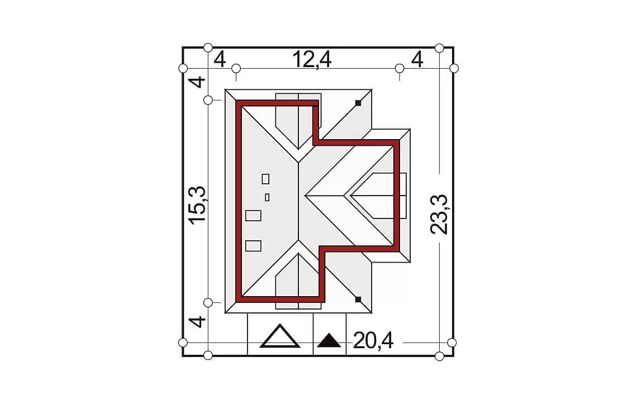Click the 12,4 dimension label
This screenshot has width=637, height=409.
pos(312,60)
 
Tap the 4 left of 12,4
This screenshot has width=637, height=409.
pos(220,60)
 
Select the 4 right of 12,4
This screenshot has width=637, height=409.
pos(417,60)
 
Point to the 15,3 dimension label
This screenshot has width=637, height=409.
pos(197,204)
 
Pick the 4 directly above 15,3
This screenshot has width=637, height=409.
pos(198,83)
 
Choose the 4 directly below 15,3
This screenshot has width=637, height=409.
pos(198,322)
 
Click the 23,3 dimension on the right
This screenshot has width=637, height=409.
pos(439,215)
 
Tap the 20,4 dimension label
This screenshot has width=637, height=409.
pos(373,340)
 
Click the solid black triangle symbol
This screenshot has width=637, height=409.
pos(329,340)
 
